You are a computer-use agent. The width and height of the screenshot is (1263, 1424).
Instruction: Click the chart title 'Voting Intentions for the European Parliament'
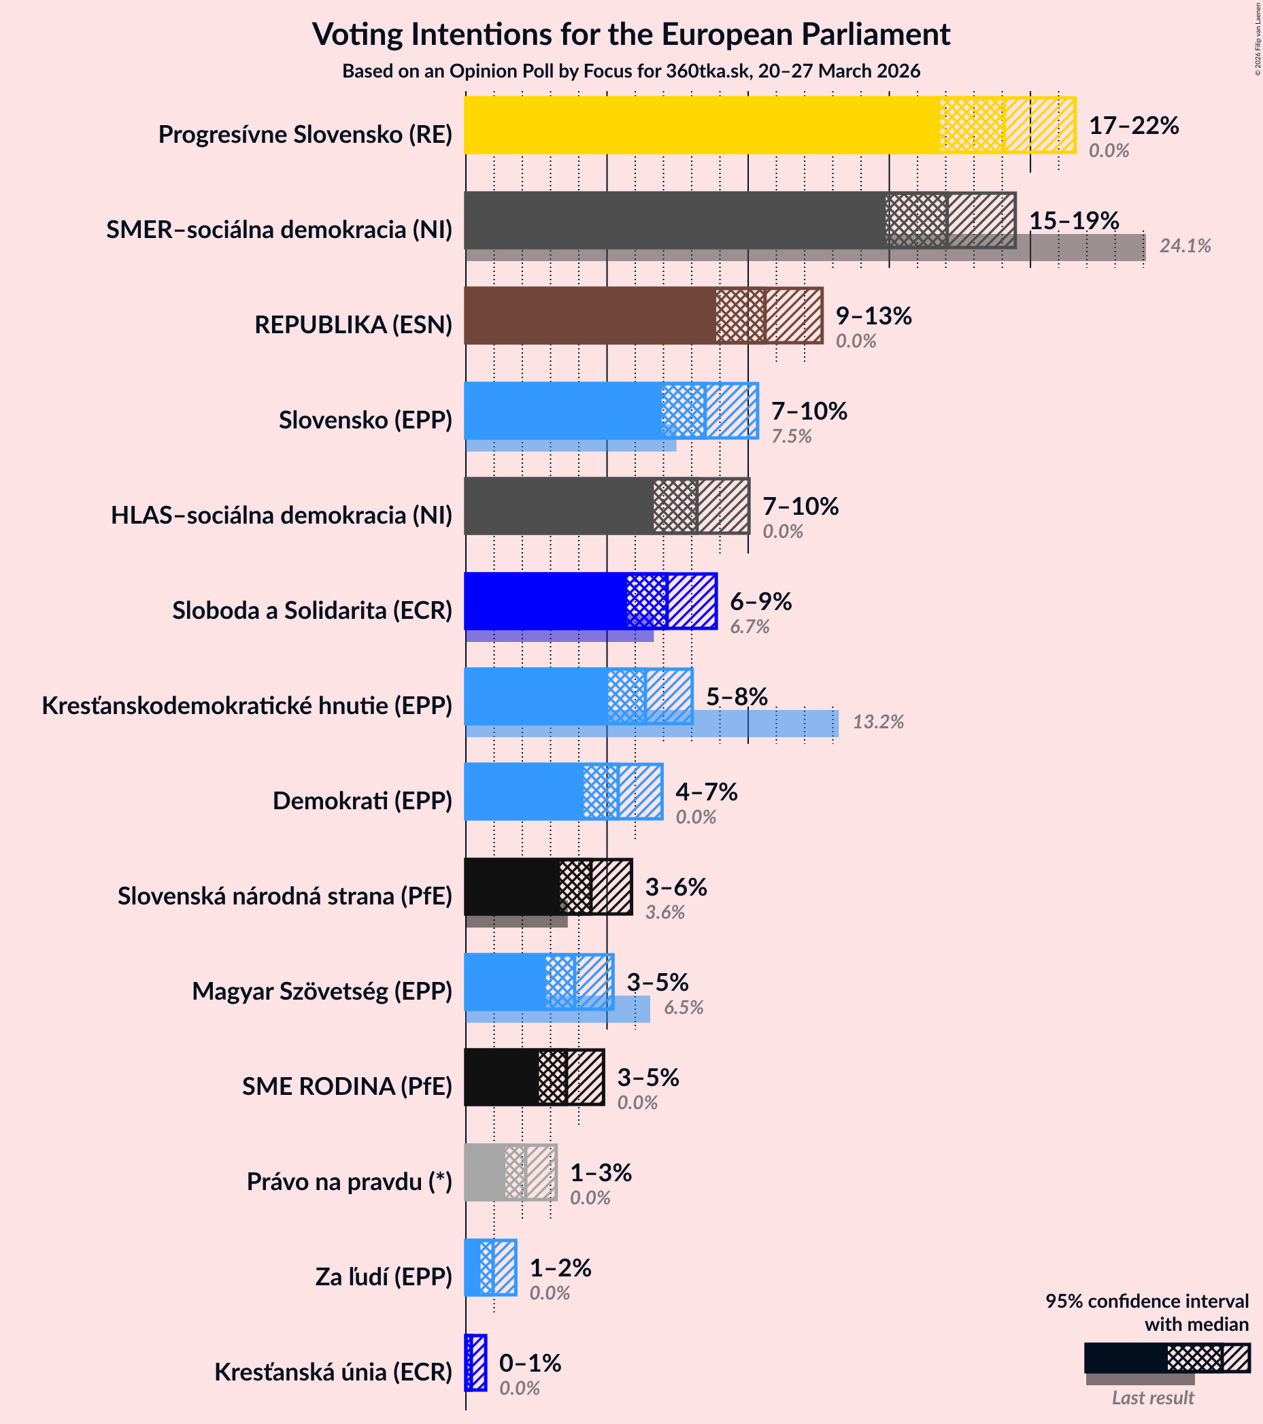click(631, 35)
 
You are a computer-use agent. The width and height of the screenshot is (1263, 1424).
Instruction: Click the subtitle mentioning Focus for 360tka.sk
click(631, 71)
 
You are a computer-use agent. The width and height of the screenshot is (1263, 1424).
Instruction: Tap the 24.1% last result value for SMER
click(1184, 246)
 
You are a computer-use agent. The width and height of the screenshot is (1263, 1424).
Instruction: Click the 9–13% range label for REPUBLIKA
click(873, 316)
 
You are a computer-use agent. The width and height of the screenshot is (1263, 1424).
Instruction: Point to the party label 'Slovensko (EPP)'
click(365, 420)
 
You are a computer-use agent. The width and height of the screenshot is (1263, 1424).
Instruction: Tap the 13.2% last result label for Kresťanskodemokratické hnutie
click(878, 722)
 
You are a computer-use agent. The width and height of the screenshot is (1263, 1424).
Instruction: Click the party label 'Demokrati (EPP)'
click(363, 801)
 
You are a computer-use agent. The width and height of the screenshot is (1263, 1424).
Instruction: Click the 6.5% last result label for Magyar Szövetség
click(683, 1007)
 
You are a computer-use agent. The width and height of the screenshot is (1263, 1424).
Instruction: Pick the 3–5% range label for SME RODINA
click(648, 1078)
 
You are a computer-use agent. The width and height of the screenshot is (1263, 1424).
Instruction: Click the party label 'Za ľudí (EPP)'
click(383, 1277)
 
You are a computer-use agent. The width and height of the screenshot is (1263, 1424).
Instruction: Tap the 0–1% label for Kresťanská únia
click(529, 1363)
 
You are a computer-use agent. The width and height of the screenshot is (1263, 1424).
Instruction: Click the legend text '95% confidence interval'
click(1147, 1302)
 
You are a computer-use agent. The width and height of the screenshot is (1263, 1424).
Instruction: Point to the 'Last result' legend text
click(1152, 1397)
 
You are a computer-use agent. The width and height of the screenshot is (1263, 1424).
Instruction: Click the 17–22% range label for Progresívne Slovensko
click(1133, 125)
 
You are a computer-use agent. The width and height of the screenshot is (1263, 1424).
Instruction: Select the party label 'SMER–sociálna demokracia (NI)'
click(279, 229)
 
